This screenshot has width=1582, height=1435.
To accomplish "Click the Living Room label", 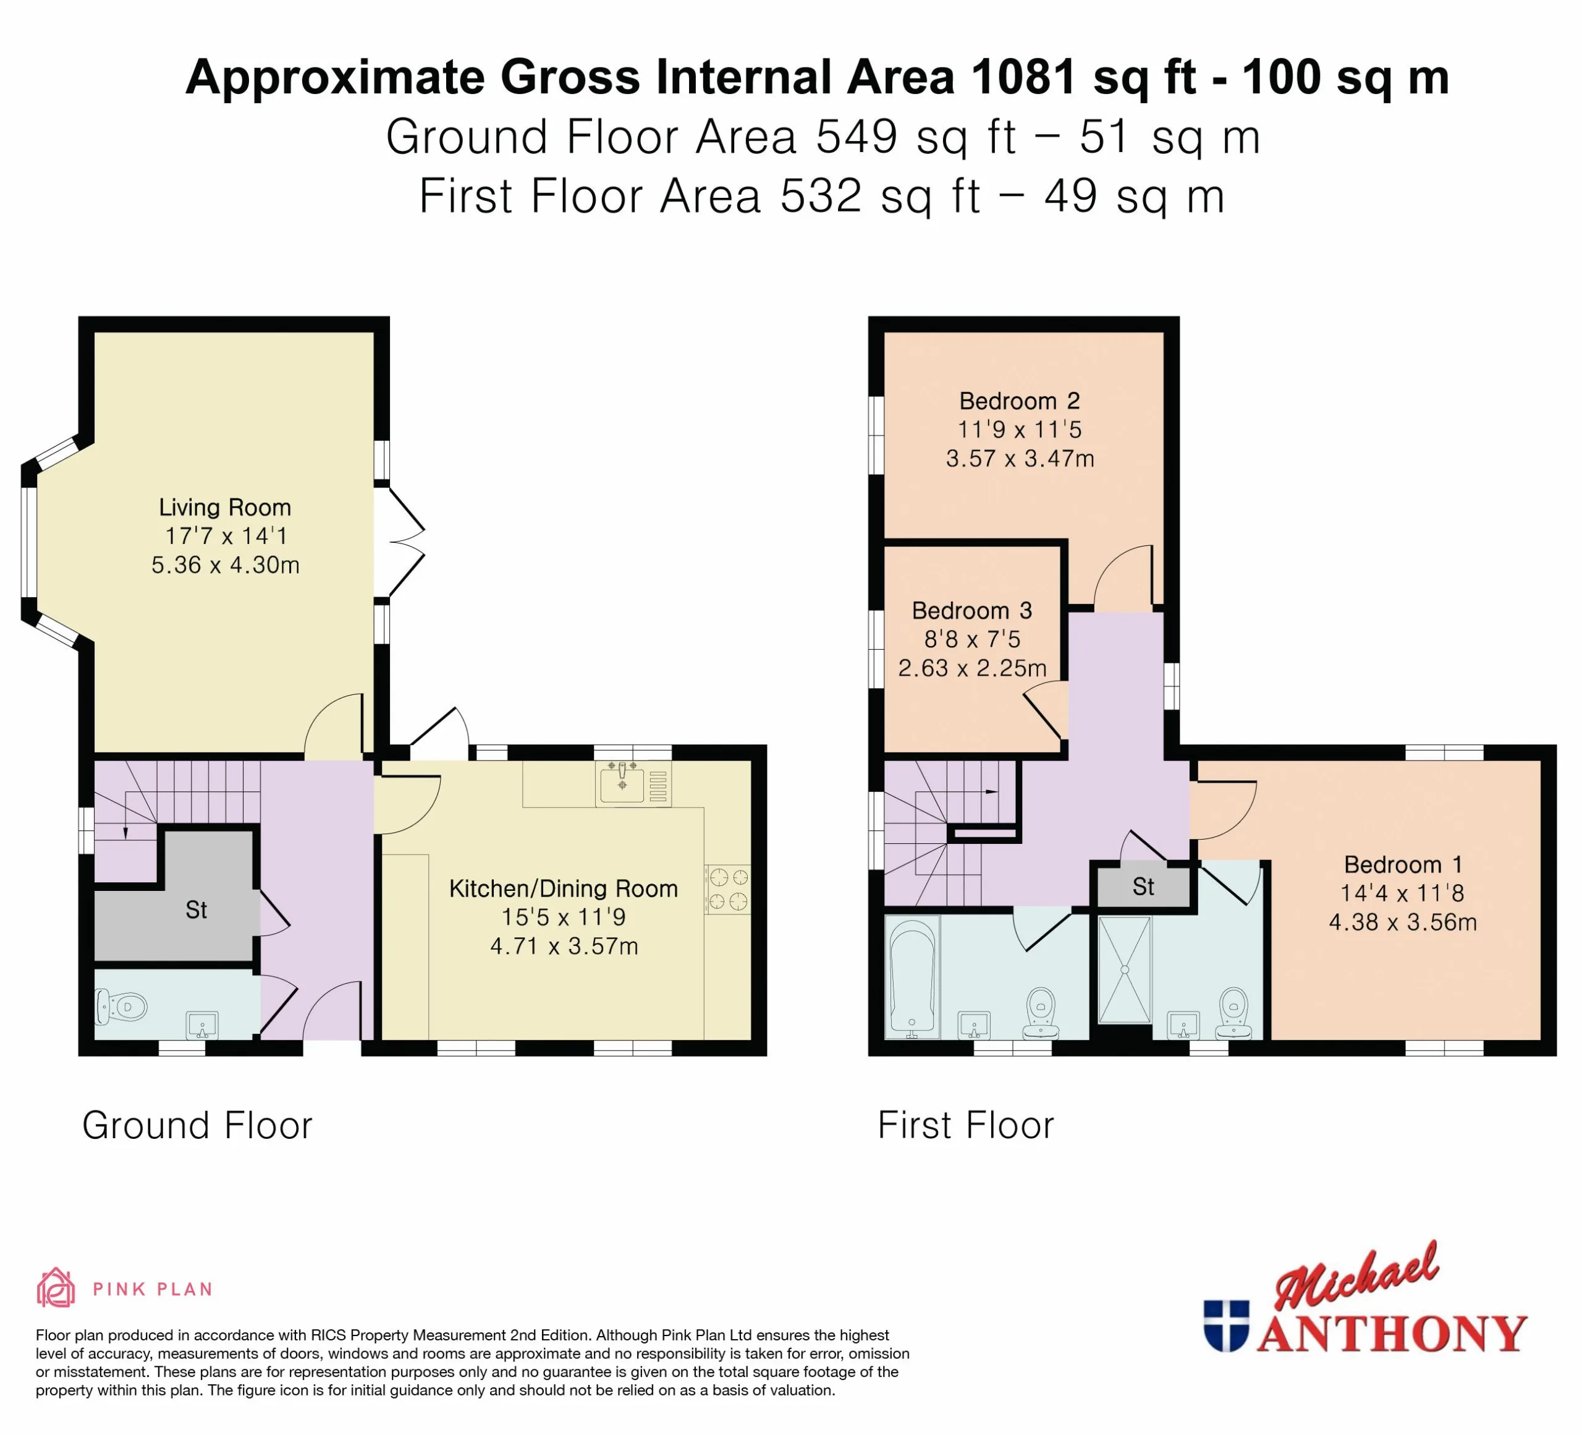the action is point(225,507).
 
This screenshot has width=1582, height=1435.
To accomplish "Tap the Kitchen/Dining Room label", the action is point(564,888).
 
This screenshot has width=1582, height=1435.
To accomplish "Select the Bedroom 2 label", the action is point(1020,401).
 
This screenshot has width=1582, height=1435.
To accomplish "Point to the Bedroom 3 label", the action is point(971,611).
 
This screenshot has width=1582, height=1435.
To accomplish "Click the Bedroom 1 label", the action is point(1403,864).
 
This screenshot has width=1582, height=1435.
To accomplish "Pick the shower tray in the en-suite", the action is point(1125,969).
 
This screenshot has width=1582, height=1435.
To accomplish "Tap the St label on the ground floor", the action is point(195,910).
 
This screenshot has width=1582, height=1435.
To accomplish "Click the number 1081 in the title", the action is point(1022,78).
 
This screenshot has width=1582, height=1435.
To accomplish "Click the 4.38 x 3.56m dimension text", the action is point(1403,922).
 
